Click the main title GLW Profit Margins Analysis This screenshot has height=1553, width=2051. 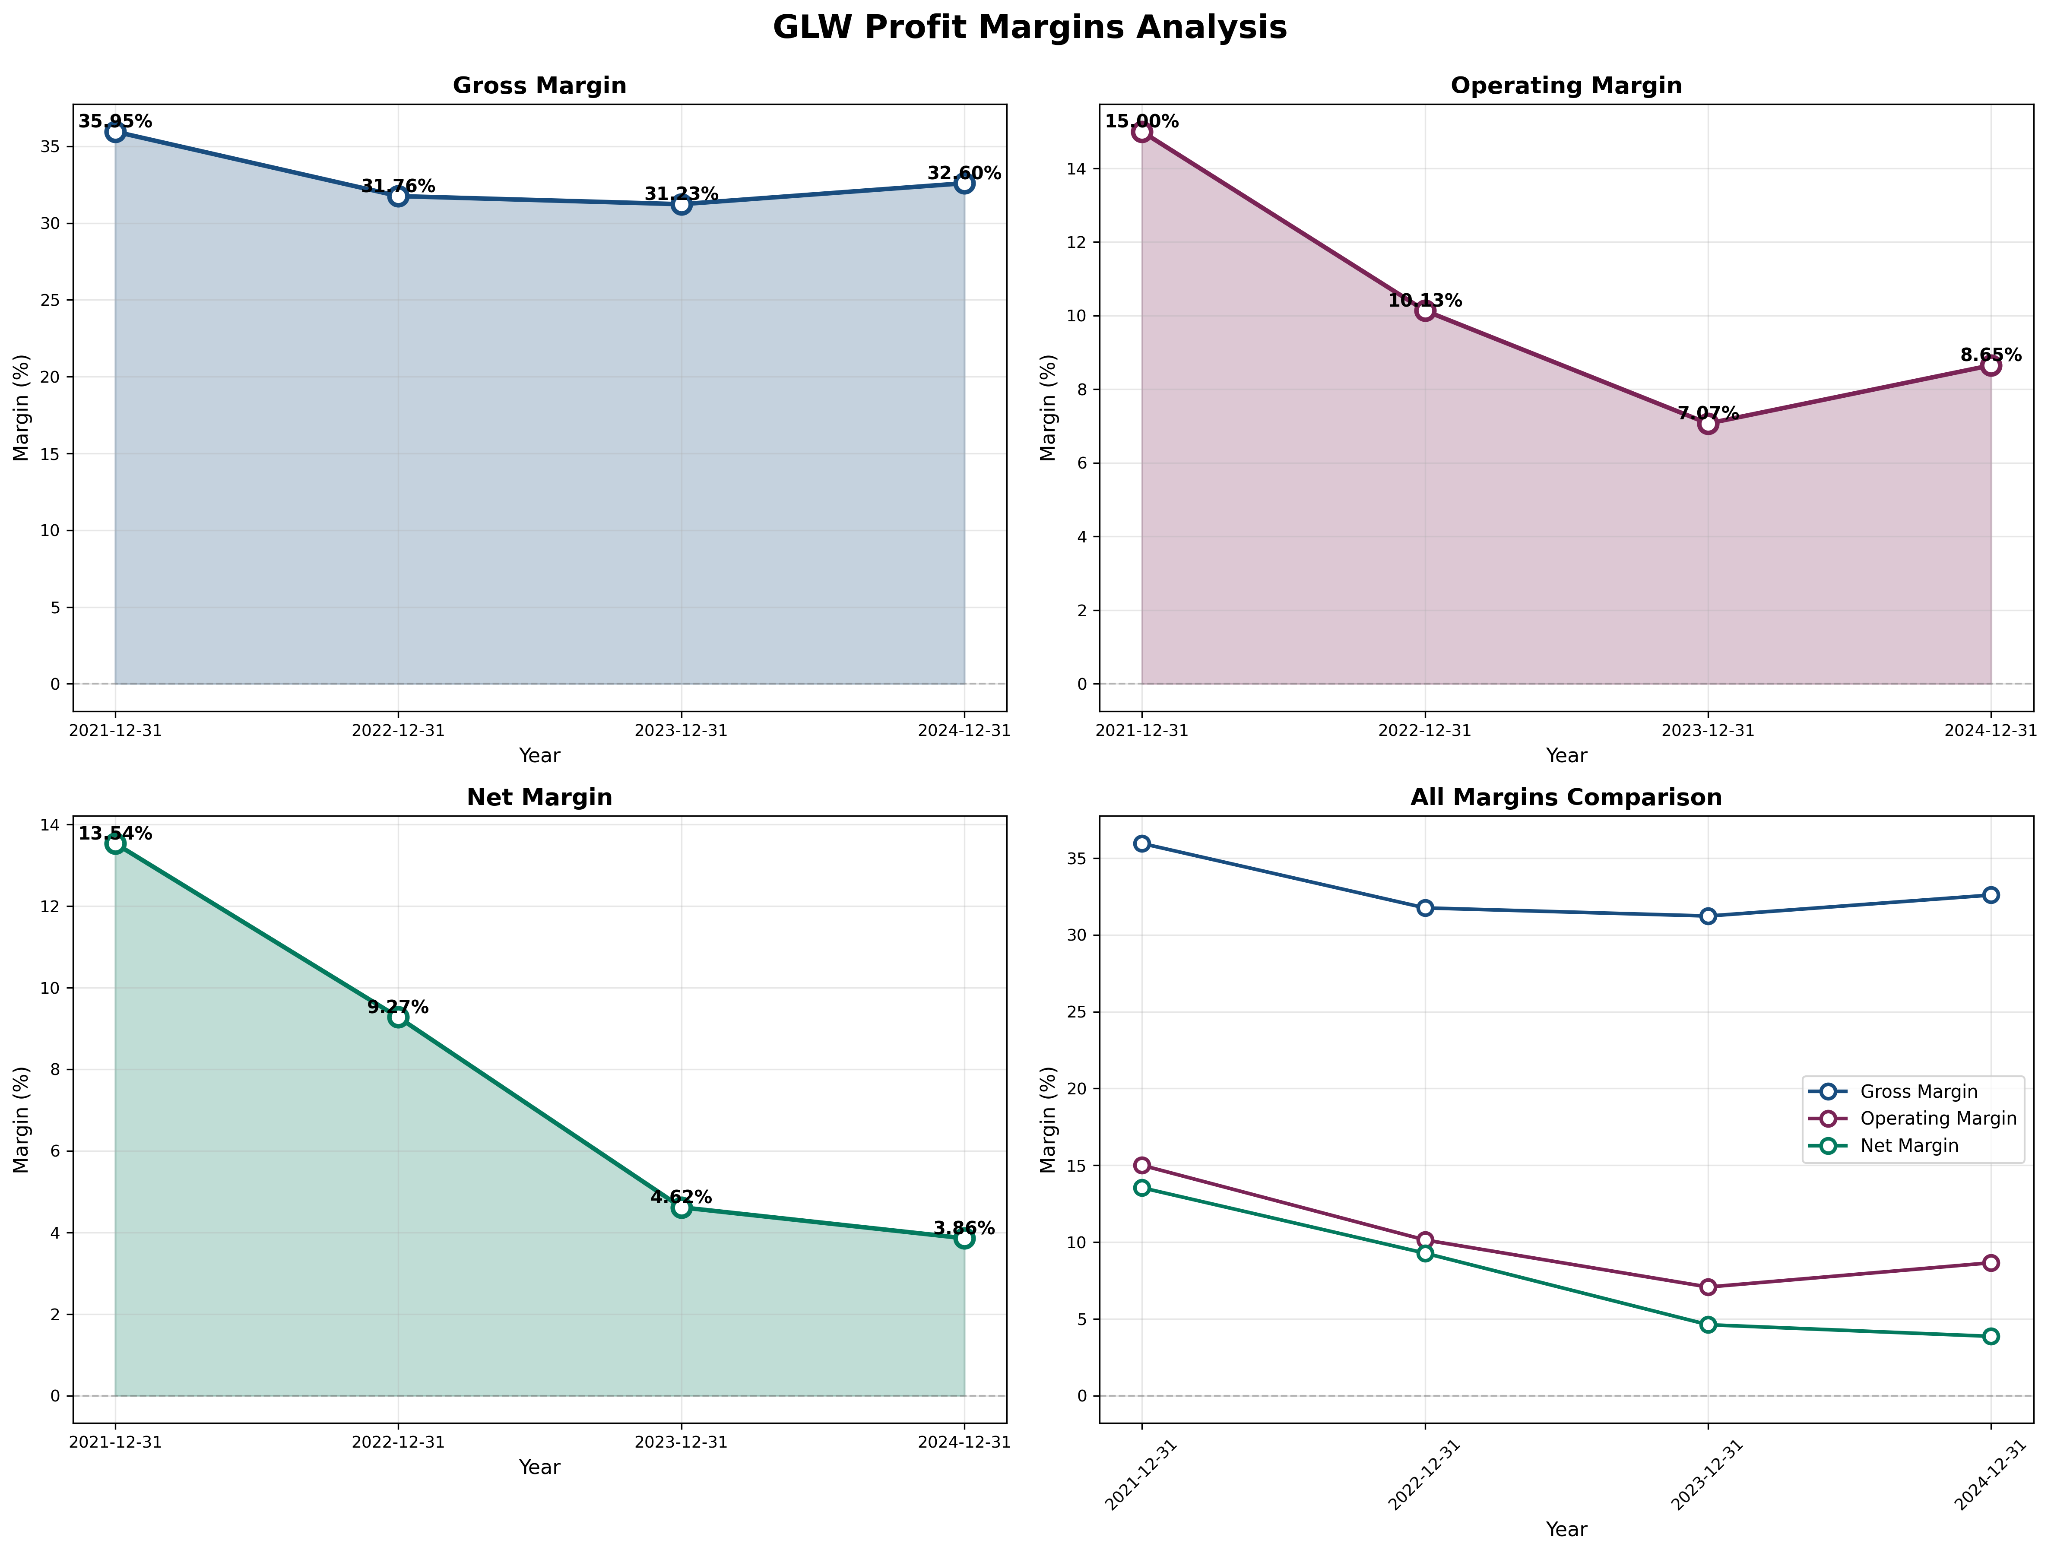1029,28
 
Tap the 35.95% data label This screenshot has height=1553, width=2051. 115,121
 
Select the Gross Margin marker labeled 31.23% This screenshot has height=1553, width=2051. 682,205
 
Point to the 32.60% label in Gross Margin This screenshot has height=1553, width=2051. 964,173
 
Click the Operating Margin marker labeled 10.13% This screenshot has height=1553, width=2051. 1425,311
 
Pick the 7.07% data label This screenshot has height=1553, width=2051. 1708,414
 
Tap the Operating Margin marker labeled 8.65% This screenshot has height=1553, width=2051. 1991,366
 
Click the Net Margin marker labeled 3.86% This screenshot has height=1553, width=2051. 964,1239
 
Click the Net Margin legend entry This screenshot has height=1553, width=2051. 1908,1146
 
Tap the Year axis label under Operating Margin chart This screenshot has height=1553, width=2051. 1566,756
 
